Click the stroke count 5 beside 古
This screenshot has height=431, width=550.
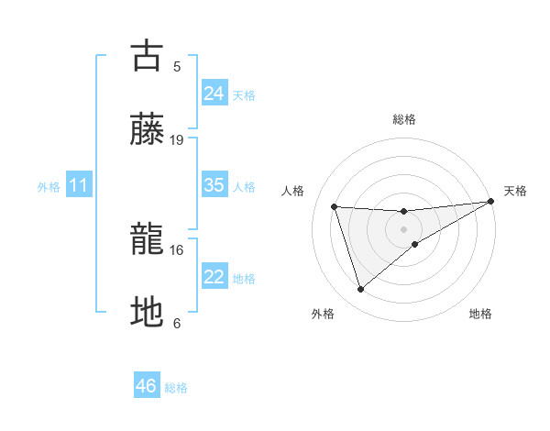[x=177, y=66]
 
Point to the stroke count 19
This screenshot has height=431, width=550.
[x=177, y=139]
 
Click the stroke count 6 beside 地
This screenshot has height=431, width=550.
[x=177, y=323]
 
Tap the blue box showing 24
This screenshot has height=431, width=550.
[x=214, y=93]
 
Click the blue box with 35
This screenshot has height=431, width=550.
[x=214, y=185]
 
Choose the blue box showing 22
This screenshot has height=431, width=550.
[x=214, y=277]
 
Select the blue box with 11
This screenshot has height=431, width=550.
[x=79, y=185]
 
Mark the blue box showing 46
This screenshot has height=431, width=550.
[x=147, y=386]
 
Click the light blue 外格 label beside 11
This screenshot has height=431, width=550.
[x=49, y=187]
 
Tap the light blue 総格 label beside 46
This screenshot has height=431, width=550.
[x=176, y=388]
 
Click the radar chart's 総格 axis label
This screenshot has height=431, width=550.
[x=403, y=119]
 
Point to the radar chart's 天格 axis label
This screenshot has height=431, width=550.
[x=516, y=191]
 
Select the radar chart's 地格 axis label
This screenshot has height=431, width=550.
[x=480, y=314]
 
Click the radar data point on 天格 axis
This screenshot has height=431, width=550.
[x=491, y=202]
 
